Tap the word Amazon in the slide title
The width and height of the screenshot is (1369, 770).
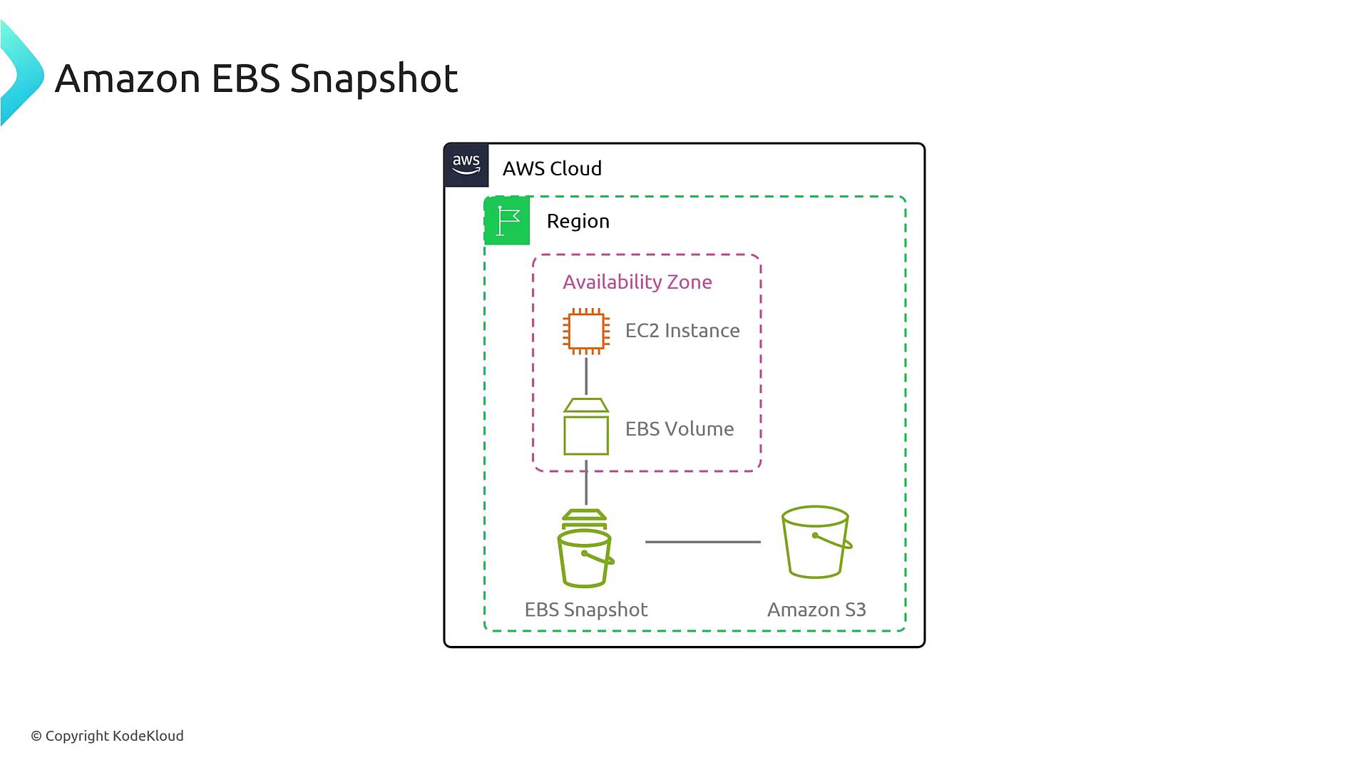[128, 78]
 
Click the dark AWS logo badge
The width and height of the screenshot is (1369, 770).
[466, 165]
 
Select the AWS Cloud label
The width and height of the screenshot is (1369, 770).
[552, 168]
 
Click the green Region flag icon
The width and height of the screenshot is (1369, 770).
[507, 221]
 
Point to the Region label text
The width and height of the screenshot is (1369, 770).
[578, 221]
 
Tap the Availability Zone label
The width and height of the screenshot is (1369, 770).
[637, 282]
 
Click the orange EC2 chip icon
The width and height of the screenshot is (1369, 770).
[586, 331]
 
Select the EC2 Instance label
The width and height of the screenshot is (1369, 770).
[682, 331]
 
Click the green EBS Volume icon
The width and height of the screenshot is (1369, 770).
[586, 427]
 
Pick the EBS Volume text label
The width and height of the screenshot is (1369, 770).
[679, 428]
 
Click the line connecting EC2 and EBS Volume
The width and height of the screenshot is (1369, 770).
[586, 376]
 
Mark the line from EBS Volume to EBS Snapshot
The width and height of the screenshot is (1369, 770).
[586, 483]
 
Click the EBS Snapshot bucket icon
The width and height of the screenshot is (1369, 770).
[585, 549]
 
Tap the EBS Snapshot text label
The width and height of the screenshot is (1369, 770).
[585, 610]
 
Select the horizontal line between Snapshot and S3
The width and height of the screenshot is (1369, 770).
[702, 542]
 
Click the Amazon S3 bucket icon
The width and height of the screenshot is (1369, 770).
[816, 542]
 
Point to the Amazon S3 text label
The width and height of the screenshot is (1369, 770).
[816, 610]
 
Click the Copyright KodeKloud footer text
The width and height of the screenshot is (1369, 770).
[107, 736]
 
